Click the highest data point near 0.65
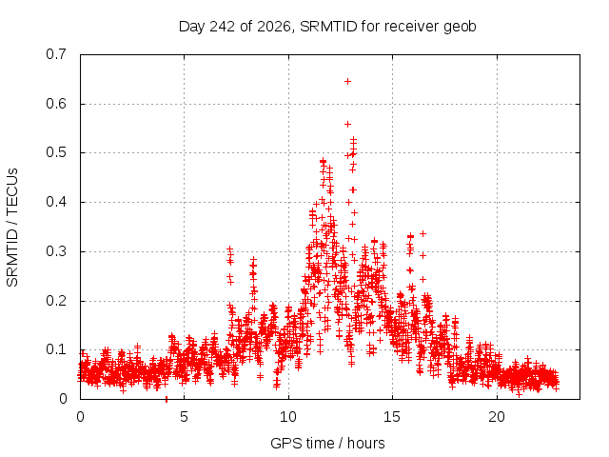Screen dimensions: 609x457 pyautogui.click(x=348, y=81)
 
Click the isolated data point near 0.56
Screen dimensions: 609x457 pyautogui.click(x=348, y=125)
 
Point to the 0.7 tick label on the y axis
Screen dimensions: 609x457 pyautogui.click(x=56, y=54)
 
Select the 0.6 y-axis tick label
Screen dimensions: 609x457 pyautogui.click(x=56, y=104)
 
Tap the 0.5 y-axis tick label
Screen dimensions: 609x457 pyautogui.click(x=56, y=152)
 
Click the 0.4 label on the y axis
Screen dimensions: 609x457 pyautogui.click(x=56, y=202)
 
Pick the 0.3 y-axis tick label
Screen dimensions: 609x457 pyautogui.click(x=56, y=251)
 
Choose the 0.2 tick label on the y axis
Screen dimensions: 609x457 pyautogui.click(x=56, y=301)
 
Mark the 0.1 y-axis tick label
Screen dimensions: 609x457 pyautogui.click(x=56, y=349)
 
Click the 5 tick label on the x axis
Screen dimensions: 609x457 pyautogui.click(x=184, y=417)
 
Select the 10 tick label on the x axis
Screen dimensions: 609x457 pyautogui.click(x=288, y=417)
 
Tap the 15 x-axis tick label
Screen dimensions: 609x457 pyautogui.click(x=392, y=417)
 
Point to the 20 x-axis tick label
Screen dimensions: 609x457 pyautogui.click(x=497, y=417)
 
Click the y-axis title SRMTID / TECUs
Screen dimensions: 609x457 pyautogui.click(x=12, y=228)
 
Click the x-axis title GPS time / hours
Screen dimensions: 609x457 pyautogui.click(x=327, y=444)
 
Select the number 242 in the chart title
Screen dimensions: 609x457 pyautogui.click(x=222, y=27)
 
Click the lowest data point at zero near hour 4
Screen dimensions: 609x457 pyautogui.click(x=167, y=399)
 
